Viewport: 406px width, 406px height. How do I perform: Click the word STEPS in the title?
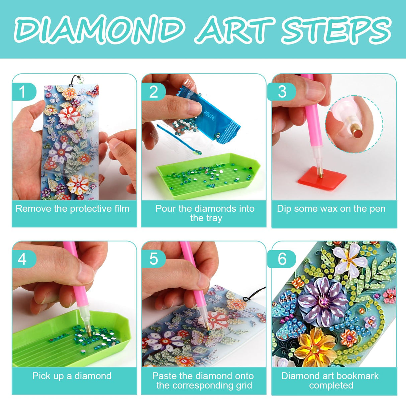[x=336, y=29]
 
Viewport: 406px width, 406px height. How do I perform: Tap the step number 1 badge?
[x=23, y=92]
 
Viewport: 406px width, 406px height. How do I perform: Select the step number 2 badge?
[x=153, y=92]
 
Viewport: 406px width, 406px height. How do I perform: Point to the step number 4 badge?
[x=23, y=259]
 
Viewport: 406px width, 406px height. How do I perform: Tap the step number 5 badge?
[x=153, y=259]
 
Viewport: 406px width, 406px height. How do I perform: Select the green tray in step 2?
[x=207, y=176]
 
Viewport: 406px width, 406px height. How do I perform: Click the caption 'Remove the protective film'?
[x=73, y=209]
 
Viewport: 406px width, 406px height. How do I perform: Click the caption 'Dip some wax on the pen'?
[x=331, y=209]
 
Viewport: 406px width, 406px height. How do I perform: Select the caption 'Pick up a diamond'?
[x=72, y=376]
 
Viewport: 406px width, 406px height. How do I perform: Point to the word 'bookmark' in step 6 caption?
[x=358, y=376]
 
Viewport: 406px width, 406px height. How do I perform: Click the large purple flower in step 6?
[x=323, y=302]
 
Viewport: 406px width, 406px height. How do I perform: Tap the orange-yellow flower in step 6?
[x=314, y=347]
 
